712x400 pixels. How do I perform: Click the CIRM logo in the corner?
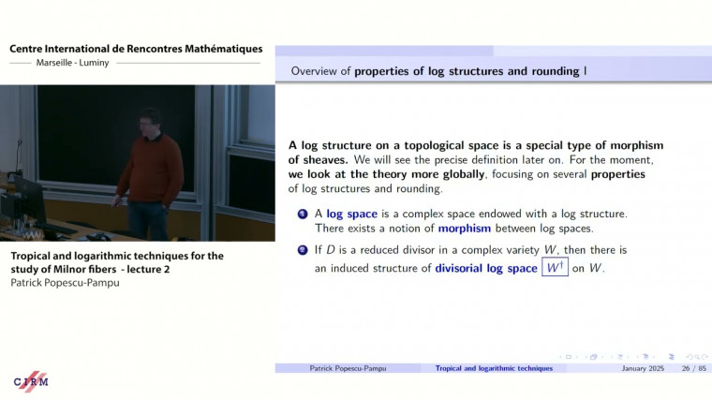click(30, 380)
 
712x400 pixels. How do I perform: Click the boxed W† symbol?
click(555, 268)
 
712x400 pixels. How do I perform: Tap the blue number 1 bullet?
click(303, 215)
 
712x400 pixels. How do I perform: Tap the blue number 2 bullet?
click(303, 251)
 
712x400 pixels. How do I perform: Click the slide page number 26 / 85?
click(692, 369)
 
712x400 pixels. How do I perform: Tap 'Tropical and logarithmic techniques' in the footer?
click(494, 369)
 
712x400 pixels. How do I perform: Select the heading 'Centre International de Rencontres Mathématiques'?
click(136, 49)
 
